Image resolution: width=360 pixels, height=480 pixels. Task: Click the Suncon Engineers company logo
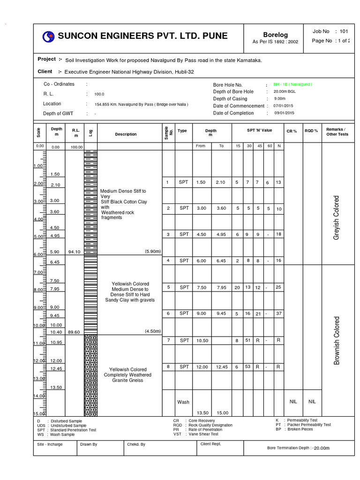tap(48, 37)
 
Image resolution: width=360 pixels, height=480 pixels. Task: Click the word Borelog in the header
tap(275, 35)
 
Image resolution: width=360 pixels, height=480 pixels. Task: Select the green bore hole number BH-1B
tap(292, 84)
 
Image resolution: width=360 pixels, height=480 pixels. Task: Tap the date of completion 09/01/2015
tap(284, 113)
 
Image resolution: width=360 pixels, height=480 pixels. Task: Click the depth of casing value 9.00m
tap(279, 99)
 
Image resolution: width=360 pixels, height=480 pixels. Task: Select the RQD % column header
tap(311, 131)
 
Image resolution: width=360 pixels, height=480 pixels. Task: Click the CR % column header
tap(292, 131)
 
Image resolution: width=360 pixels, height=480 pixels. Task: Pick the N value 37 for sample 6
tap(279, 314)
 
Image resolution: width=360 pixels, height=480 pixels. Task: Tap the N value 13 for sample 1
tap(279, 182)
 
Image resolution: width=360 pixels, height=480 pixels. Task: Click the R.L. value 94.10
tap(74, 252)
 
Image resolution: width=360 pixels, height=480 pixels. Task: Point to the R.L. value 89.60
tap(74, 332)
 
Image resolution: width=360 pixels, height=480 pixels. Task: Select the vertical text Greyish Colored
tap(336, 218)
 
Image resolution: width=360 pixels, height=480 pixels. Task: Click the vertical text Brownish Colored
tap(336, 341)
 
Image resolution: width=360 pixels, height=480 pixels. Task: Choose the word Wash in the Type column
tap(183, 402)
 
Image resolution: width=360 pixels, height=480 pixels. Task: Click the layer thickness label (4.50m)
tap(153, 331)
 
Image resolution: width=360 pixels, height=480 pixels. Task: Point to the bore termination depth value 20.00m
tap(322, 448)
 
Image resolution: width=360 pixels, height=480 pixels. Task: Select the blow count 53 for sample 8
tap(248, 367)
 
